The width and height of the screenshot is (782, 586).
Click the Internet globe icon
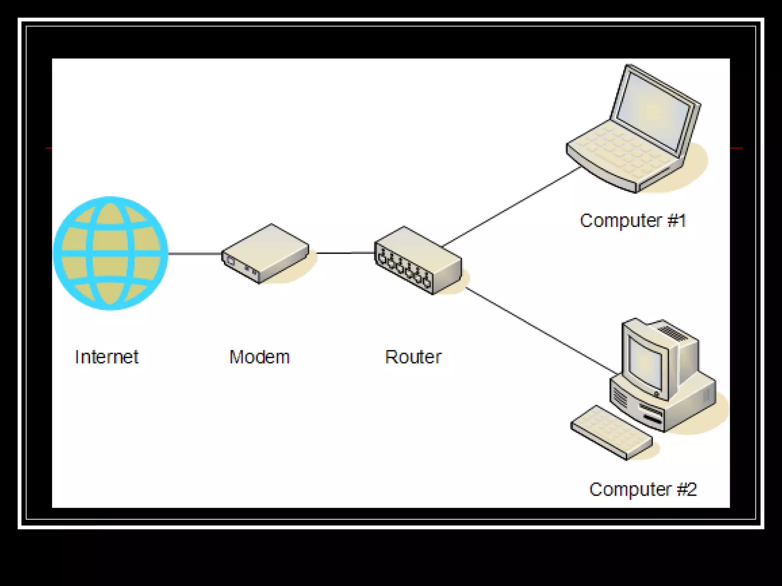110,253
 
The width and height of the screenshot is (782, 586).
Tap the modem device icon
265,253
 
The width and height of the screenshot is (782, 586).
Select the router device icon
418,260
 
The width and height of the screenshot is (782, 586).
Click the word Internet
107,357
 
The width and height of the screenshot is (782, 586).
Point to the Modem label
260,357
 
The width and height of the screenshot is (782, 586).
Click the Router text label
413,357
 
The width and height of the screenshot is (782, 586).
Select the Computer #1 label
633,221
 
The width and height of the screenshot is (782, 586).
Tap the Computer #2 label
643,489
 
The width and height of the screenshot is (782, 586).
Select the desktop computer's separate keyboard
611,432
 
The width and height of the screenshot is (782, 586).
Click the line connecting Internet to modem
195,253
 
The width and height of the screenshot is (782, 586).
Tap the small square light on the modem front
231,261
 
